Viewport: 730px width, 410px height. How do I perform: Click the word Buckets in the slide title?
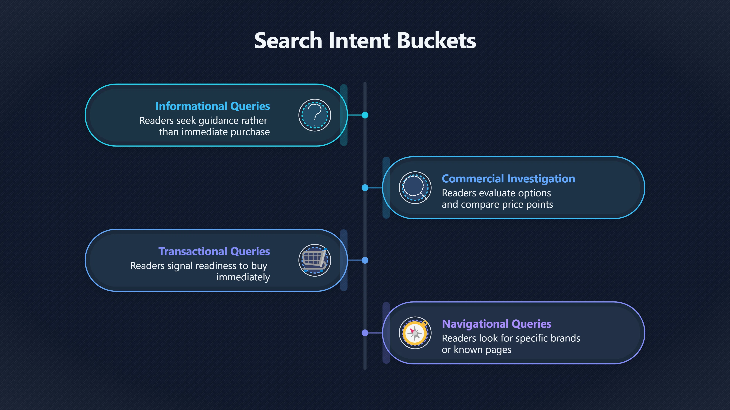coord(436,40)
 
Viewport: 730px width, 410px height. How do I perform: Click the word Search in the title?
coord(288,40)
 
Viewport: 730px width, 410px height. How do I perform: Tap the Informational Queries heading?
coord(213,106)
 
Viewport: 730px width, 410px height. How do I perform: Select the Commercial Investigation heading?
coord(508,179)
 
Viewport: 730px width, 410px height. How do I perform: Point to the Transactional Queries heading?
coord(214,252)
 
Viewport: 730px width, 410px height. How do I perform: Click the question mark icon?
coord(315,115)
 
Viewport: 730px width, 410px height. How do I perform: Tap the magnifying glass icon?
coord(415,188)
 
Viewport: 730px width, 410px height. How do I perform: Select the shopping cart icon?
coord(315,260)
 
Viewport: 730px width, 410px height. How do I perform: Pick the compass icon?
coord(415,333)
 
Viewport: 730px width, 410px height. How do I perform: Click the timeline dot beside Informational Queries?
coord(365,115)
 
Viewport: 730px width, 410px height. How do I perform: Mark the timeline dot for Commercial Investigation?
coord(365,188)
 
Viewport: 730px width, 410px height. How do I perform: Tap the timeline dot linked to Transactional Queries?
coord(365,260)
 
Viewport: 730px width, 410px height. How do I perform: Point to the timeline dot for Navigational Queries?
coord(365,333)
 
